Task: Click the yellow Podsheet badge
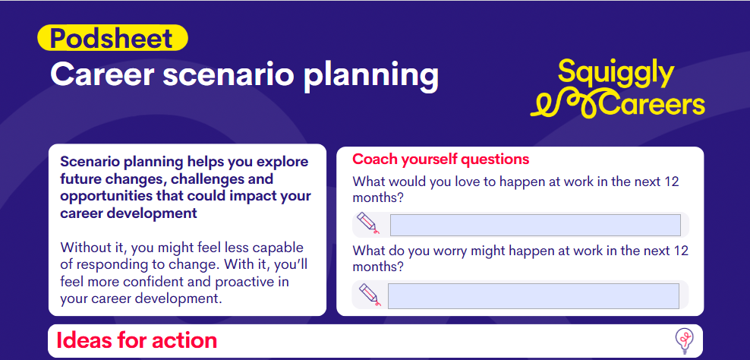point(112,38)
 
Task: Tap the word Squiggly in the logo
point(615,74)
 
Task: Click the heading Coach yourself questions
point(440,159)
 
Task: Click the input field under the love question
point(534,226)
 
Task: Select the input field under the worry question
point(533,296)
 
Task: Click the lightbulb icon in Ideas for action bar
point(684,340)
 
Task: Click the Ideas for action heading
point(137,340)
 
